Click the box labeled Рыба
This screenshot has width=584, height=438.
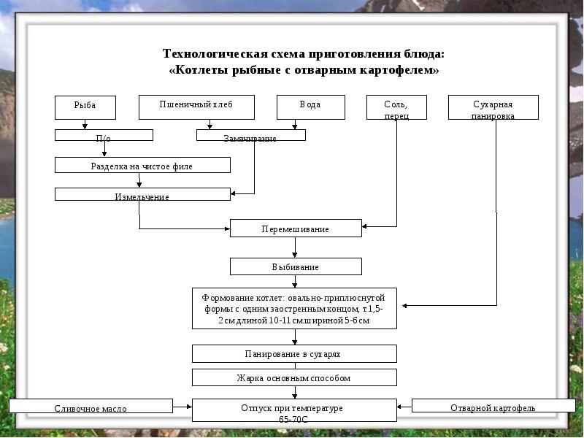click(x=85, y=107)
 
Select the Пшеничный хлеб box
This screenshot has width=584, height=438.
click(x=196, y=107)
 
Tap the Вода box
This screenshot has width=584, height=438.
click(x=310, y=107)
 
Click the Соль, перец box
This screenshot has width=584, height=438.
click(x=396, y=107)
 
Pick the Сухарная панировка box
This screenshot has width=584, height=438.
click(x=493, y=107)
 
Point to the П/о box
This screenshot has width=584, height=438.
click(x=104, y=135)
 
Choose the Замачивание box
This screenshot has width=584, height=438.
click(x=250, y=135)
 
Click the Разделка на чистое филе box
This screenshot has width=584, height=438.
click(x=142, y=165)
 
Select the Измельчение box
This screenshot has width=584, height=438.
click(x=142, y=194)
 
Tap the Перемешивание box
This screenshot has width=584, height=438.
click(x=296, y=228)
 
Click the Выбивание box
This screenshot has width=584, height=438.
click(x=296, y=266)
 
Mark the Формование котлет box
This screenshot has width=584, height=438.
click(x=296, y=309)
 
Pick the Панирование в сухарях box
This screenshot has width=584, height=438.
click(x=294, y=354)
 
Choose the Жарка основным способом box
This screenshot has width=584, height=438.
click(x=294, y=377)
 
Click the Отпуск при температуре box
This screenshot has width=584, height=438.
click(x=294, y=410)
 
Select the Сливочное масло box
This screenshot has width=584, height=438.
click(x=91, y=407)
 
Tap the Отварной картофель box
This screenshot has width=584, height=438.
click(x=493, y=406)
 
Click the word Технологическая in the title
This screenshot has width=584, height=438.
click(x=207, y=55)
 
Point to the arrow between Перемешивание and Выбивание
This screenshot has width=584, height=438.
click(x=295, y=247)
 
